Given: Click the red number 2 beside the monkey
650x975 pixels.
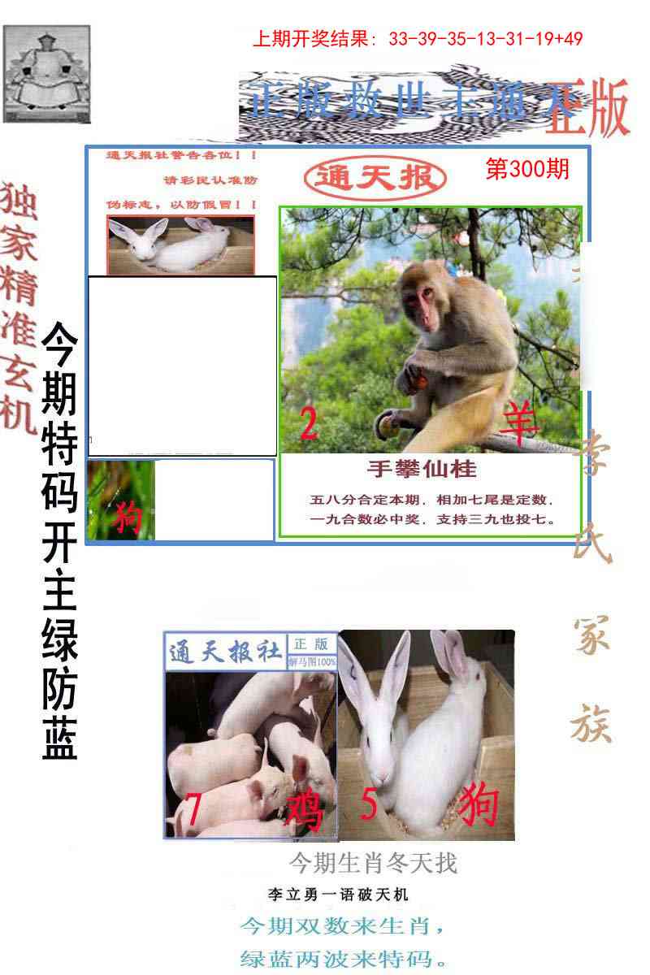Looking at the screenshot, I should click(309, 424).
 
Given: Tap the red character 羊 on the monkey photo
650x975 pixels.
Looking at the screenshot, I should click(519, 423).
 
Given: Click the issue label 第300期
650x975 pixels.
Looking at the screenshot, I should click(526, 169).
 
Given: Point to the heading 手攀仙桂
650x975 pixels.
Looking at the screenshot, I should click(421, 469).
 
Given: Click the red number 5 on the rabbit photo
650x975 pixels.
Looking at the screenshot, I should click(370, 805).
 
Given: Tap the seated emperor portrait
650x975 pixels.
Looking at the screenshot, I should click(46, 74).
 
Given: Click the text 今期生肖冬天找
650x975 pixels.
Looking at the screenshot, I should click(374, 862).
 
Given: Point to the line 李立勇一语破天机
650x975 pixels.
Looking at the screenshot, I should click(338, 895).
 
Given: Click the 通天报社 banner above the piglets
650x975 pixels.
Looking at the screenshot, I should click(225, 652).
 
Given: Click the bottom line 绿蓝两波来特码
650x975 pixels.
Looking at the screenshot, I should click(344, 957).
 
